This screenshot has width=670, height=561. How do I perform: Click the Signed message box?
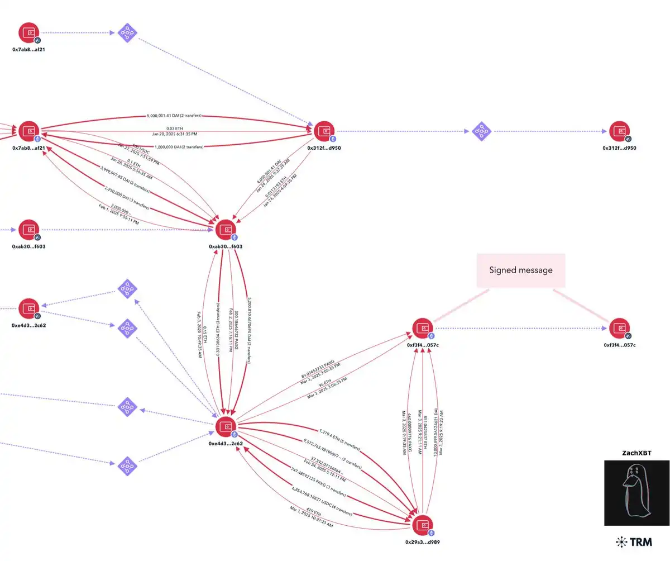pyautogui.click(x=520, y=270)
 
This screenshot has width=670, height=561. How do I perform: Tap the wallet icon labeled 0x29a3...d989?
pyautogui.click(x=422, y=525)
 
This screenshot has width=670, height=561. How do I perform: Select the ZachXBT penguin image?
pyautogui.click(x=636, y=493)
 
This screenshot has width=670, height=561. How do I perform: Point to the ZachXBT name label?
pyautogui.click(x=636, y=453)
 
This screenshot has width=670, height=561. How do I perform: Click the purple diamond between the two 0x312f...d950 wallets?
pyautogui.click(x=481, y=131)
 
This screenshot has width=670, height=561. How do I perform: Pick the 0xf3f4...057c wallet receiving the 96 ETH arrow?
pyautogui.click(x=423, y=328)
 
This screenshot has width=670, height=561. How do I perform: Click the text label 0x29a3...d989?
pyautogui.click(x=422, y=542)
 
